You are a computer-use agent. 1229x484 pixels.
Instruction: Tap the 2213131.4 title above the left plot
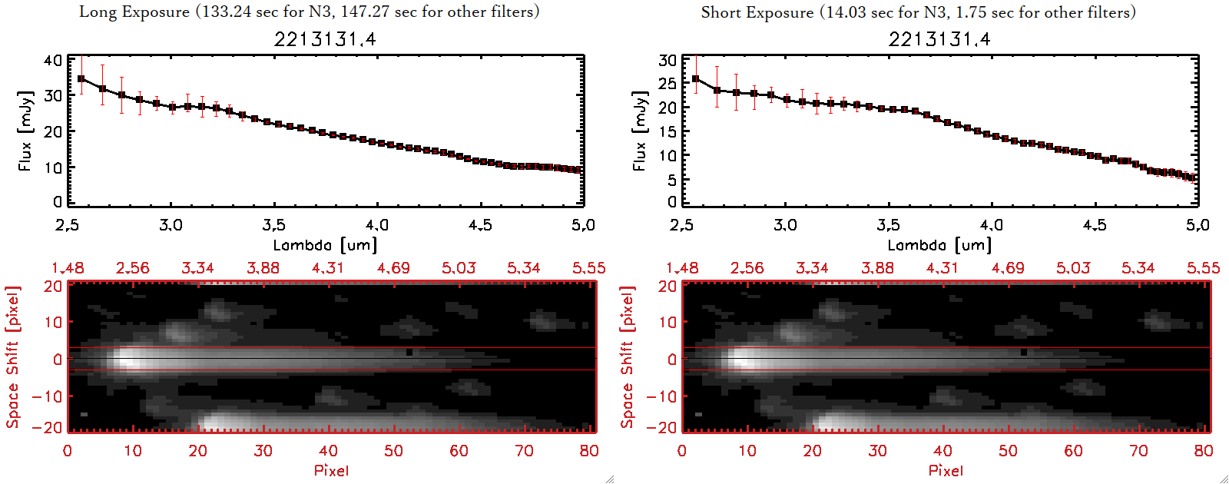pyautogui.click(x=325, y=39)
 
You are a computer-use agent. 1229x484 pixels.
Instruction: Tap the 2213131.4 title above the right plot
pyautogui.click(x=939, y=39)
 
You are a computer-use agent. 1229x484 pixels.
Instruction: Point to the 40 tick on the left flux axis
pyautogui.click(x=53, y=60)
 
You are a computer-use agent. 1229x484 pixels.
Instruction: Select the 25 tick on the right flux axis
pyautogui.click(x=668, y=84)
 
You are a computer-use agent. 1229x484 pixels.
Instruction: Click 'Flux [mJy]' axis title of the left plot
pyautogui.click(x=25, y=131)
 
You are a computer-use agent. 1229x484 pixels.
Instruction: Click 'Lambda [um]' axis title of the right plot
pyautogui.click(x=939, y=245)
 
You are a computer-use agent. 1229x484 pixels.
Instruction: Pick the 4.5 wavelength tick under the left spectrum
pyautogui.click(x=480, y=225)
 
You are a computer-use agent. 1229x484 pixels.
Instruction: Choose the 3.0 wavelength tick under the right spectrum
pyautogui.click(x=785, y=225)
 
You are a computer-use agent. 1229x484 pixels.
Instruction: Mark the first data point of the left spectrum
pyautogui.click(x=81, y=79)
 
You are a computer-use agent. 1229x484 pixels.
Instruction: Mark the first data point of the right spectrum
pyautogui.click(x=696, y=79)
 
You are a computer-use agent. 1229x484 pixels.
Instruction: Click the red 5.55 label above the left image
pyautogui.click(x=588, y=268)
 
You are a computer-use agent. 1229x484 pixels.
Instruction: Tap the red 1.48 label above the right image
pyautogui.click(x=682, y=268)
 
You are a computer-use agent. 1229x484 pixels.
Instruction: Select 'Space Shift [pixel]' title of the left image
pyautogui.click(x=13, y=357)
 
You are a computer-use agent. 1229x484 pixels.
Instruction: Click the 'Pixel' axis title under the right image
pyautogui.click(x=946, y=470)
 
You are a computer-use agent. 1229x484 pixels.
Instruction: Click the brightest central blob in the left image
pyautogui.click(x=131, y=359)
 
